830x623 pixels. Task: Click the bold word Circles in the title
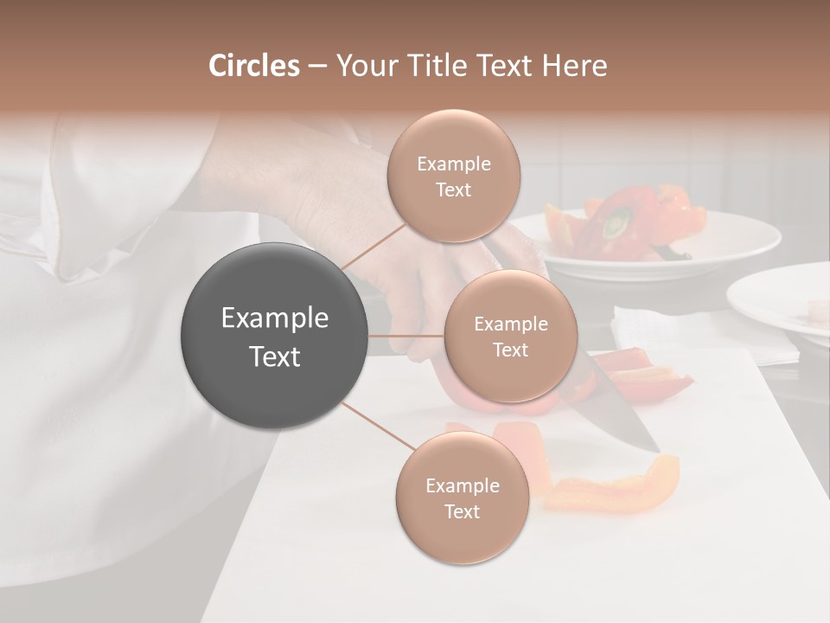coord(253,66)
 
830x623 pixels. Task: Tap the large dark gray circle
coord(275,336)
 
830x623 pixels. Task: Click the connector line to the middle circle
coord(406,336)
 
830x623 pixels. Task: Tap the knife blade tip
coord(654,449)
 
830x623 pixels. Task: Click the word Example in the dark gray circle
coord(275,318)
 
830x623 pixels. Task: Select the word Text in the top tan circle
coord(453,190)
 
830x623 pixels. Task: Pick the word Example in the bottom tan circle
coord(462,486)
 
